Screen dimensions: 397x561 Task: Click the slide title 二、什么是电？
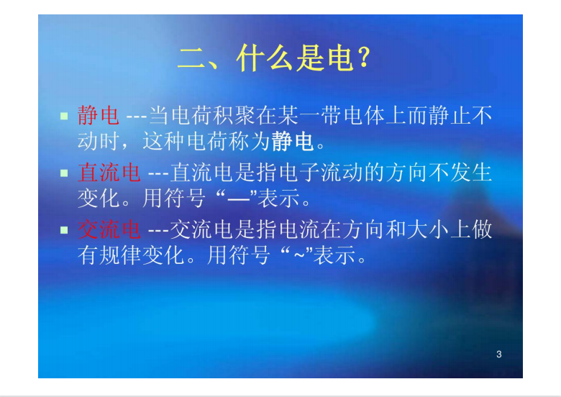(277, 60)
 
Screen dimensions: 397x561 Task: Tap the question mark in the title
(364, 60)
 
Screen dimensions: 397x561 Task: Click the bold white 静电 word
(293, 142)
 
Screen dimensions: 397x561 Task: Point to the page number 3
(499, 354)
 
